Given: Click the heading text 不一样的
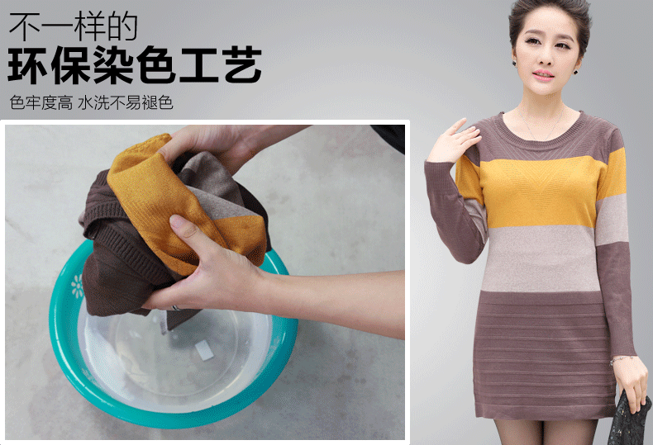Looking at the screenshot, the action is coord(74,26).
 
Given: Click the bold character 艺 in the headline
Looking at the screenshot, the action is coord(243,65).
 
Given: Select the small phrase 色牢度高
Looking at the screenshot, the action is coord(41,102).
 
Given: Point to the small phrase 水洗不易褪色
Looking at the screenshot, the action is coord(126,102).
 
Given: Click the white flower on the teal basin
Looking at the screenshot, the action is coord(78,286).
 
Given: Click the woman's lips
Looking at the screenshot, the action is coord(543,75).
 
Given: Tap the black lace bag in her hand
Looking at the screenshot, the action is coord(630,418).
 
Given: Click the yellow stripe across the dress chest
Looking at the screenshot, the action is coord(541,192).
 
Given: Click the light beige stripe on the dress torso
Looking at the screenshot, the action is coord(541,258).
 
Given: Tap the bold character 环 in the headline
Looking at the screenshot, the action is coord(27,65).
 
